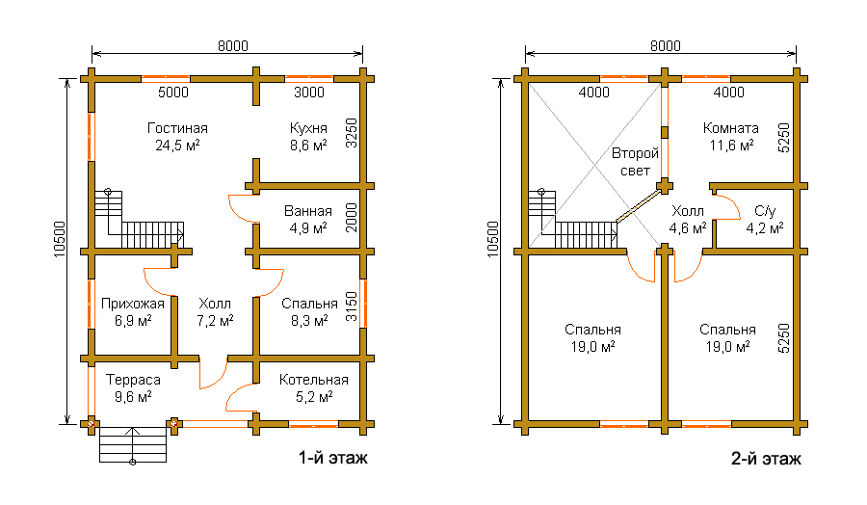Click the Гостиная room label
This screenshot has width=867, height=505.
[177, 128]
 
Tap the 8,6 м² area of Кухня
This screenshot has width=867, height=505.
[308, 146]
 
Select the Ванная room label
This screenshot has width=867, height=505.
[308, 211]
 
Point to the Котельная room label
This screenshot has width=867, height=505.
[313, 380]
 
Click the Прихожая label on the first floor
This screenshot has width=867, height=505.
[133, 304]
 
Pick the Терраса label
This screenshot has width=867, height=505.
[133, 380]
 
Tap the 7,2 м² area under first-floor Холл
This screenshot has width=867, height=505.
[215, 321]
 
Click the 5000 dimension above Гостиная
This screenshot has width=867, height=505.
[173, 93]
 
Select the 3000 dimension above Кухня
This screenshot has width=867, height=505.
[308, 93]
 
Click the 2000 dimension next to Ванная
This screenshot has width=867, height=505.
[352, 218]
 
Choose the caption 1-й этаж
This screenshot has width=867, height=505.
[333, 458]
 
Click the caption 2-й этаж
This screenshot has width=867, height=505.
[767, 459]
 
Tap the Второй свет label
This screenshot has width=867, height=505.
[635, 162]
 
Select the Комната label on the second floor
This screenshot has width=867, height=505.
[731, 128]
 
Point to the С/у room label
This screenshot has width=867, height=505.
[765, 211]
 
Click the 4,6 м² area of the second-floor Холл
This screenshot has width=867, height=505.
[688, 227]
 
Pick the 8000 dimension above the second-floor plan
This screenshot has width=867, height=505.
[665, 46]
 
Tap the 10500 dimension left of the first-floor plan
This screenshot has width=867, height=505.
[60, 239]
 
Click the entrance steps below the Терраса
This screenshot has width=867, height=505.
[133, 444]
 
